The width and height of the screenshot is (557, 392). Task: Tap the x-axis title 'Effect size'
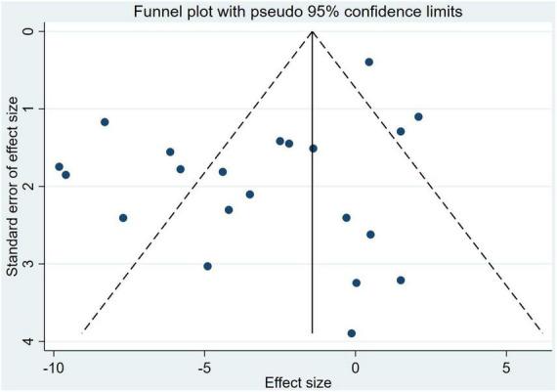tap(304, 382)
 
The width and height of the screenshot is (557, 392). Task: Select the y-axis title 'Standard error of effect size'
tap(13, 186)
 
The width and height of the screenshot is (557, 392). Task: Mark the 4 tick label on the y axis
tap(30, 341)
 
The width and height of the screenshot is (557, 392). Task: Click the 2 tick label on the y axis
tap(30, 186)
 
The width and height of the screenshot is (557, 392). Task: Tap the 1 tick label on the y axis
tap(30, 109)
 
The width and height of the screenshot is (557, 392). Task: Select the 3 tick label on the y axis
tap(30, 264)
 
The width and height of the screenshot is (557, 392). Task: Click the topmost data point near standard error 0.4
tap(368, 62)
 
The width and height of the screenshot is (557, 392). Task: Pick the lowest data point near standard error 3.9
tap(352, 333)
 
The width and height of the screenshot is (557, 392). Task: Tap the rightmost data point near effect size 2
tap(418, 116)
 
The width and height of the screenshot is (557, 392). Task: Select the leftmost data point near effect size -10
tap(59, 167)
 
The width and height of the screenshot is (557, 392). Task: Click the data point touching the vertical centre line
tap(313, 149)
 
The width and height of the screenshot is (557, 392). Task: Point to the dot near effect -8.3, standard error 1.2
tap(105, 122)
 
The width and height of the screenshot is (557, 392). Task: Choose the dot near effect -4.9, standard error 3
tap(207, 266)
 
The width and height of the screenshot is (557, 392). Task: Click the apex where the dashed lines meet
tap(312, 31)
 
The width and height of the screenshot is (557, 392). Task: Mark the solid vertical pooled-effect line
tap(312, 244)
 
